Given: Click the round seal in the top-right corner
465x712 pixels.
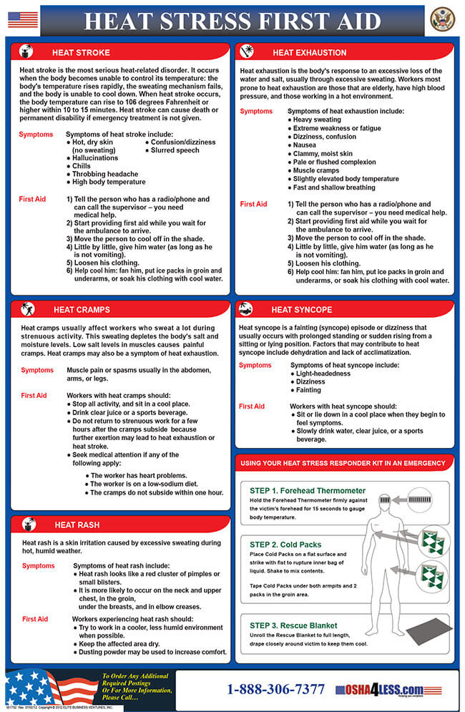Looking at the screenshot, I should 442,19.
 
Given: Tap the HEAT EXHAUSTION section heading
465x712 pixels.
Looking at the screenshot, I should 309,52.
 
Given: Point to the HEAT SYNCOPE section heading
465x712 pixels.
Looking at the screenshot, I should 301,310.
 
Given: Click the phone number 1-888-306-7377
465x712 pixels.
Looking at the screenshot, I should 275,690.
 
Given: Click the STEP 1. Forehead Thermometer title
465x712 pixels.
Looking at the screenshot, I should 308,491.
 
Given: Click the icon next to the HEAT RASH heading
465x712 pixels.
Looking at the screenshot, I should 29,525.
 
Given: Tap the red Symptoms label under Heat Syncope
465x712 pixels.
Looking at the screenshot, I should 255,365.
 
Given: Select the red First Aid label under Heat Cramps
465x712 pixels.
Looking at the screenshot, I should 34,395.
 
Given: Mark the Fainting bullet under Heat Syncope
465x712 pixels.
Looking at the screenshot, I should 308,390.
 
